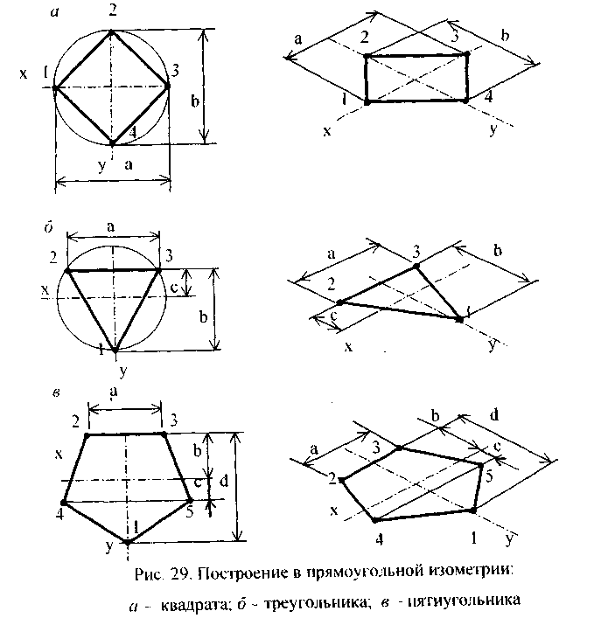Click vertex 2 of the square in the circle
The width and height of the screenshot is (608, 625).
112,31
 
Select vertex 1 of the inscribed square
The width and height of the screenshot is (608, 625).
55,87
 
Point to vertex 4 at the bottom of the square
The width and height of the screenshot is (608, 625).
113,142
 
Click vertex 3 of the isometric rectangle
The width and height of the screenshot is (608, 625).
466,54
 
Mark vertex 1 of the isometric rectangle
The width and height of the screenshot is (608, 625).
367,102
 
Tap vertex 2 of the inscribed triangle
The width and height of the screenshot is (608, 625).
67,270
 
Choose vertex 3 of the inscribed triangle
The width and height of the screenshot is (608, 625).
160,270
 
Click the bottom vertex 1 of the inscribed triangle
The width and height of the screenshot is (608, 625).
114,350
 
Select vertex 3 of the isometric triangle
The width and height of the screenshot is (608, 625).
416,266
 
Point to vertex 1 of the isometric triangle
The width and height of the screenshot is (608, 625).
460,320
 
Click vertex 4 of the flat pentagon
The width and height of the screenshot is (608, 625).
64,502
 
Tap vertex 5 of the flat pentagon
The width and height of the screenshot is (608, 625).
191,501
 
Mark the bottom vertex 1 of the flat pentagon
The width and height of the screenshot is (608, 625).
128,542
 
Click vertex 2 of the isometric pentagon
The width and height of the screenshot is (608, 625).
342,480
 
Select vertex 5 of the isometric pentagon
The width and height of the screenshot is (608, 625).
482,465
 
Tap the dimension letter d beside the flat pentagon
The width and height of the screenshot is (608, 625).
224,482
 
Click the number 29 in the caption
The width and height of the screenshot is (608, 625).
181,574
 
